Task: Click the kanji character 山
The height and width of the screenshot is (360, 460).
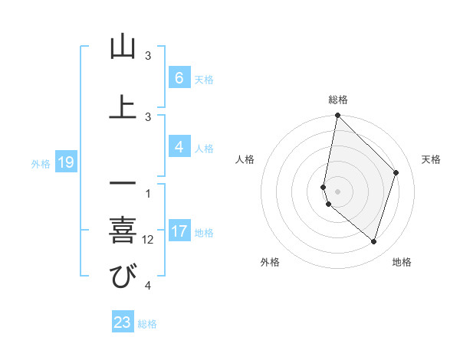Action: click(x=123, y=47)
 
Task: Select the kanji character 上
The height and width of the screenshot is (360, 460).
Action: click(x=123, y=106)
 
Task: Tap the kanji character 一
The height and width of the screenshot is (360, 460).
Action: click(x=123, y=184)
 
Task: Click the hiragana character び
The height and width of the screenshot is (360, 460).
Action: click(x=123, y=277)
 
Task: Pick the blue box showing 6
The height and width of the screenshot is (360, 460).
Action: click(x=179, y=77)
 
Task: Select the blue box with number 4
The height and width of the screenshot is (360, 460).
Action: click(x=179, y=147)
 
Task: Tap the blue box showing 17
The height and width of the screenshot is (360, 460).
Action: click(x=179, y=231)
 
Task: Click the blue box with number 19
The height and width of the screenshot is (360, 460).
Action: click(x=65, y=162)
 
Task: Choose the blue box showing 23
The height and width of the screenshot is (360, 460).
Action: click(x=123, y=322)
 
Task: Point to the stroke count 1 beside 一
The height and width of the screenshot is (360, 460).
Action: click(x=148, y=193)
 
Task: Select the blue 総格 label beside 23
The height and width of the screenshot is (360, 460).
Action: click(x=147, y=324)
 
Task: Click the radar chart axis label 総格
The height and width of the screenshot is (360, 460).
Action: click(x=337, y=100)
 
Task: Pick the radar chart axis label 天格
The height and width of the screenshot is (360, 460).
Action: click(x=431, y=159)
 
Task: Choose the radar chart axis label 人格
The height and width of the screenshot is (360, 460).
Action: click(x=245, y=159)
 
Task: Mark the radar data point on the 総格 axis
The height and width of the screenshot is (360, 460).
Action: click(x=337, y=116)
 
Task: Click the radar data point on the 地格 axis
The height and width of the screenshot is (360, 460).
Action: click(x=373, y=241)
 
